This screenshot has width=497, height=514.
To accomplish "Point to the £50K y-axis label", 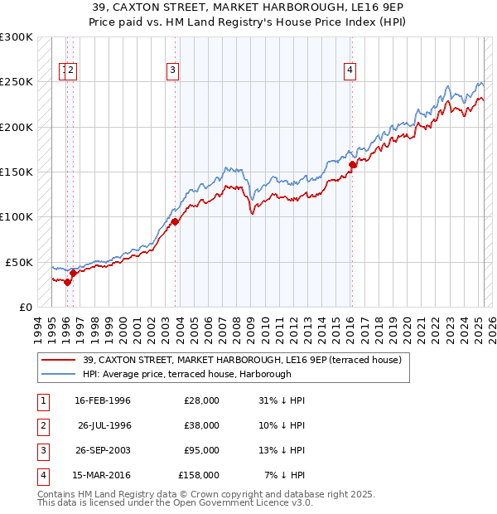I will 18,262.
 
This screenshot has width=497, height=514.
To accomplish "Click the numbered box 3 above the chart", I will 172,70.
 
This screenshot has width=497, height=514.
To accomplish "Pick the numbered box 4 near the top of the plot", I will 350,70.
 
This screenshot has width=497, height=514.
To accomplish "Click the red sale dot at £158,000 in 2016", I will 352,164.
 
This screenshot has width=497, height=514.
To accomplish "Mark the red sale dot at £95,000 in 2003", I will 176,221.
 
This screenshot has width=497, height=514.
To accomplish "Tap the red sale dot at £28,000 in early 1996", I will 68,282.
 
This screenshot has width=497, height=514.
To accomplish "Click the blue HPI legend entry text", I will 187,374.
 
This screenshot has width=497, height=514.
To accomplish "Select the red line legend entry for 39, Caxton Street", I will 242,360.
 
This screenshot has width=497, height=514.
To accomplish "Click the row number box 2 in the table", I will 42,425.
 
